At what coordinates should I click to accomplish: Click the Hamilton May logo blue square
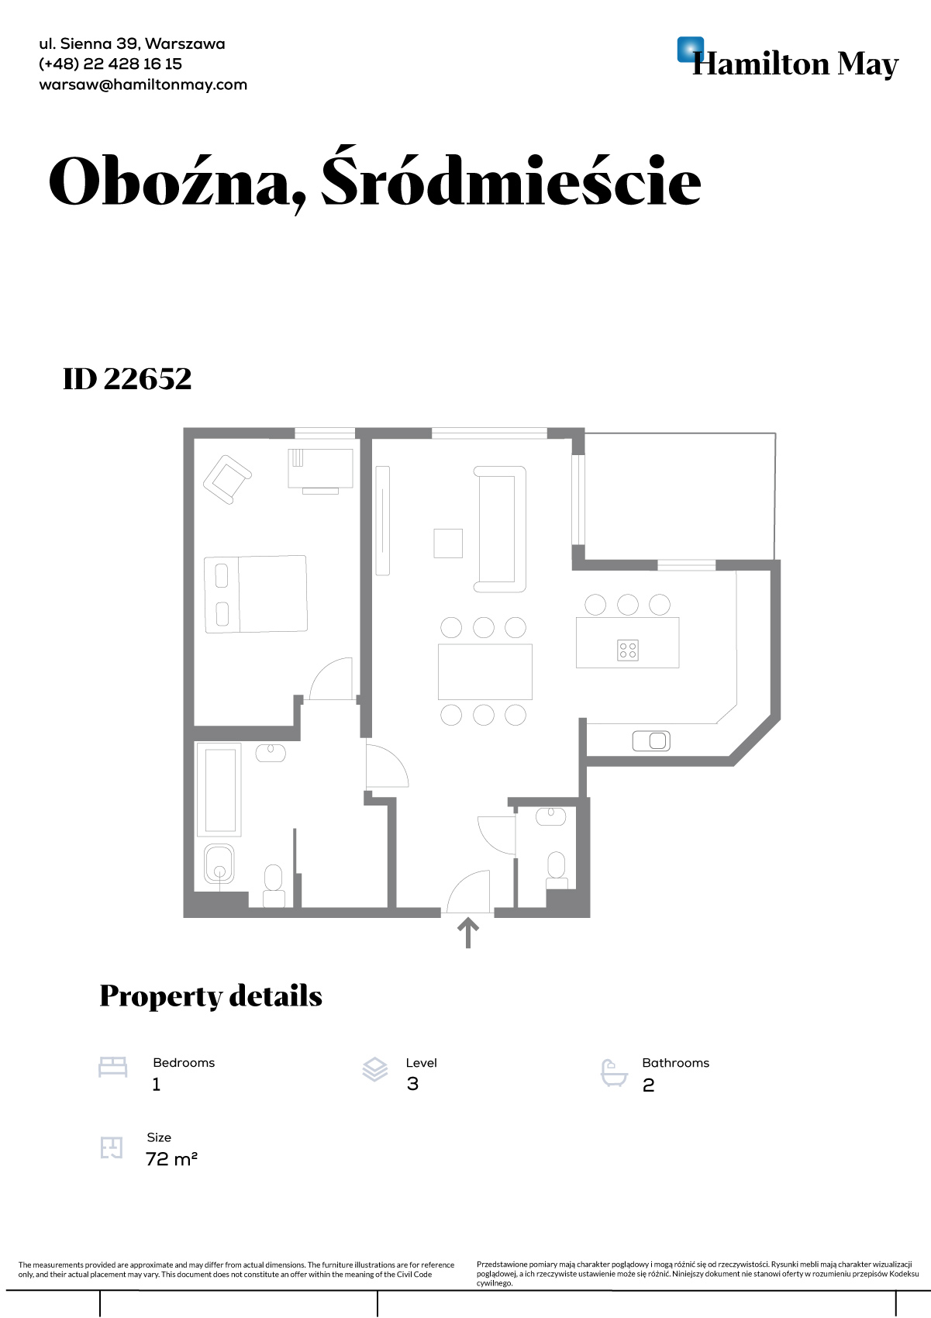pyautogui.click(x=690, y=50)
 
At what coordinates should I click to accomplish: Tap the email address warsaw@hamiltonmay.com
pyautogui.click(x=143, y=85)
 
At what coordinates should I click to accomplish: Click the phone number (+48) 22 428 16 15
pyautogui.click(x=110, y=64)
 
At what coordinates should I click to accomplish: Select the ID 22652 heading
pyautogui.click(x=127, y=379)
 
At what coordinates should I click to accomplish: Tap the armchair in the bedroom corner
pyautogui.click(x=227, y=480)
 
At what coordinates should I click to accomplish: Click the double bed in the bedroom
pyautogui.click(x=255, y=595)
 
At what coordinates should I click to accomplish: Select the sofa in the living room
pyautogui.click(x=500, y=529)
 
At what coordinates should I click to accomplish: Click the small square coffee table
pyautogui.click(x=448, y=543)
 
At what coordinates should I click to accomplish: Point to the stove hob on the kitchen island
pyautogui.click(x=628, y=650)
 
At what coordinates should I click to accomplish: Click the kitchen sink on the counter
pyautogui.click(x=651, y=740)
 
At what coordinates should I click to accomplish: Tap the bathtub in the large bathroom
pyautogui.click(x=219, y=789)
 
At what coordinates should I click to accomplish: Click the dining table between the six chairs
pyautogui.click(x=485, y=671)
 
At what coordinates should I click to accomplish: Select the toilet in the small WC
pyautogui.click(x=556, y=870)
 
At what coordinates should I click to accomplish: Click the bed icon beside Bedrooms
pyautogui.click(x=112, y=1067)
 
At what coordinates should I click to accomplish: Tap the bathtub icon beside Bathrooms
pyautogui.click(x=614, y=1073)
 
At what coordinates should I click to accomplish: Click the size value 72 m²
pyautogui.click(x=171, y=1159)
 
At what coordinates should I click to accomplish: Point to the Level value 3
pyautogui.click(x=412, y=1084)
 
